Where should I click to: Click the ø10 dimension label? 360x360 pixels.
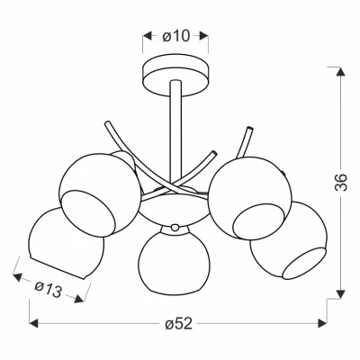tap(176, 36)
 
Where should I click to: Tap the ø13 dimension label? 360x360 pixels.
tap(48, 290)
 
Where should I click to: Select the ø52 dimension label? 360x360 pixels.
tap(178, 324)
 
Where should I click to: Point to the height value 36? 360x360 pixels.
tap(340, 182)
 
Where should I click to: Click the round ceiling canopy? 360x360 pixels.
tap(175, 75)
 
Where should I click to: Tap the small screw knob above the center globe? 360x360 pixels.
tap(175, 228)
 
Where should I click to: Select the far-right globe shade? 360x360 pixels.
tap(290, 241)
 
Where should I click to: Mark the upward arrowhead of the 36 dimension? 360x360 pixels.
tap(340, 72)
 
